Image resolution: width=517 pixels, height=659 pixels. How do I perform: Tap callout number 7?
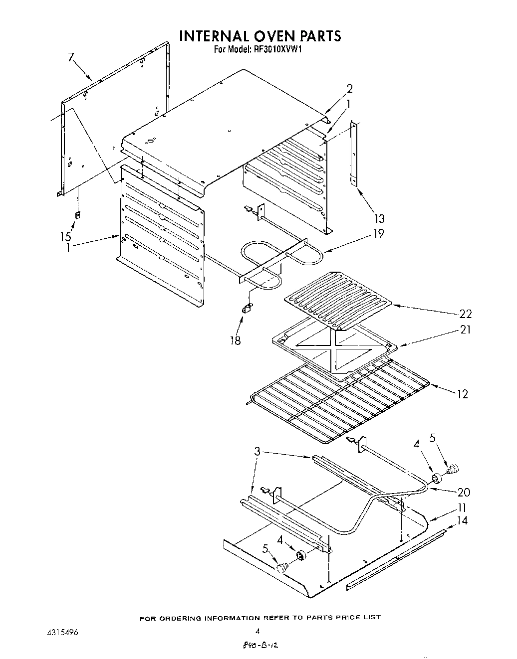tap(71, 57)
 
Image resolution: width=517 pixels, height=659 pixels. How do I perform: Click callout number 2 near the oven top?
tap(350, 89)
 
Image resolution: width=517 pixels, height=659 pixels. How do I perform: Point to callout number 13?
tap(379, 218)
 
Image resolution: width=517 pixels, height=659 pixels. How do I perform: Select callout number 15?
tap(66, 236)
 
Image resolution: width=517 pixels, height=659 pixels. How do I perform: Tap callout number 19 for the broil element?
tap(379, 233)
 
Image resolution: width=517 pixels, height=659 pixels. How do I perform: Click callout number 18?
tap(235, 340)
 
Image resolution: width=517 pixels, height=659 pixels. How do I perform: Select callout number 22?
tap(465, 314)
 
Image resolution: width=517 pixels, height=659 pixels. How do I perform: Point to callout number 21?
tap(465, 329)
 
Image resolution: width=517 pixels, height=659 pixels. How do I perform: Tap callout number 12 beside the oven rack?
tap(462, 394)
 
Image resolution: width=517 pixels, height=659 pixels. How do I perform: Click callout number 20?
tap(464, 492)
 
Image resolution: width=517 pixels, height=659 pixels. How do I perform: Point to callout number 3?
tap(257, 452)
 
